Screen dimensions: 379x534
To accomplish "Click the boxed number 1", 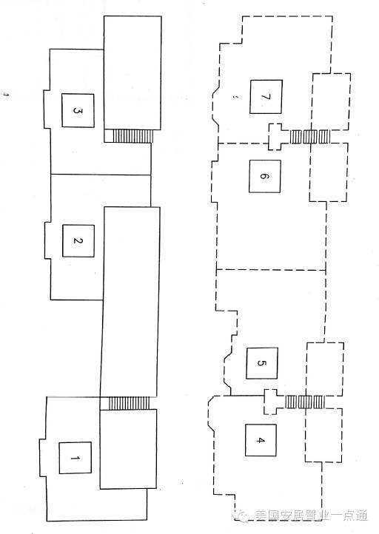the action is pos(75,458).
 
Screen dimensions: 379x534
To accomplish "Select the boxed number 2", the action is pos(78,241).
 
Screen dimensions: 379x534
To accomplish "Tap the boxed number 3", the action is pos(78,111).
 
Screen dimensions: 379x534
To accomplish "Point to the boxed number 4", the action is pos(261,440).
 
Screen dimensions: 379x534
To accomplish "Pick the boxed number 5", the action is pos(262,363).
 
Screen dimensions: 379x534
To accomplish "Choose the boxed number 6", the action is pos(264,177).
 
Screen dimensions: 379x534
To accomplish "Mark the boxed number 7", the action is pos(266,97).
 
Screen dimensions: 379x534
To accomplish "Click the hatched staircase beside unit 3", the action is pos(133,136).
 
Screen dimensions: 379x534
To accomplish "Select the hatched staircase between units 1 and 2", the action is pos(130,403).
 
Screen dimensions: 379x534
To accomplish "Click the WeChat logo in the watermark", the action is pos(242,516).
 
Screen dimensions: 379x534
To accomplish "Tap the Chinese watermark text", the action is pos(311,516).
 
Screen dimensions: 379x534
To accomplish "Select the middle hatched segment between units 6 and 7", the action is pos(310,137).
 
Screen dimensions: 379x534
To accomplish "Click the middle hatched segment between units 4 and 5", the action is pos(305,402).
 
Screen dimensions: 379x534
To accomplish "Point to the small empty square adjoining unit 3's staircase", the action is pos(108,136).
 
